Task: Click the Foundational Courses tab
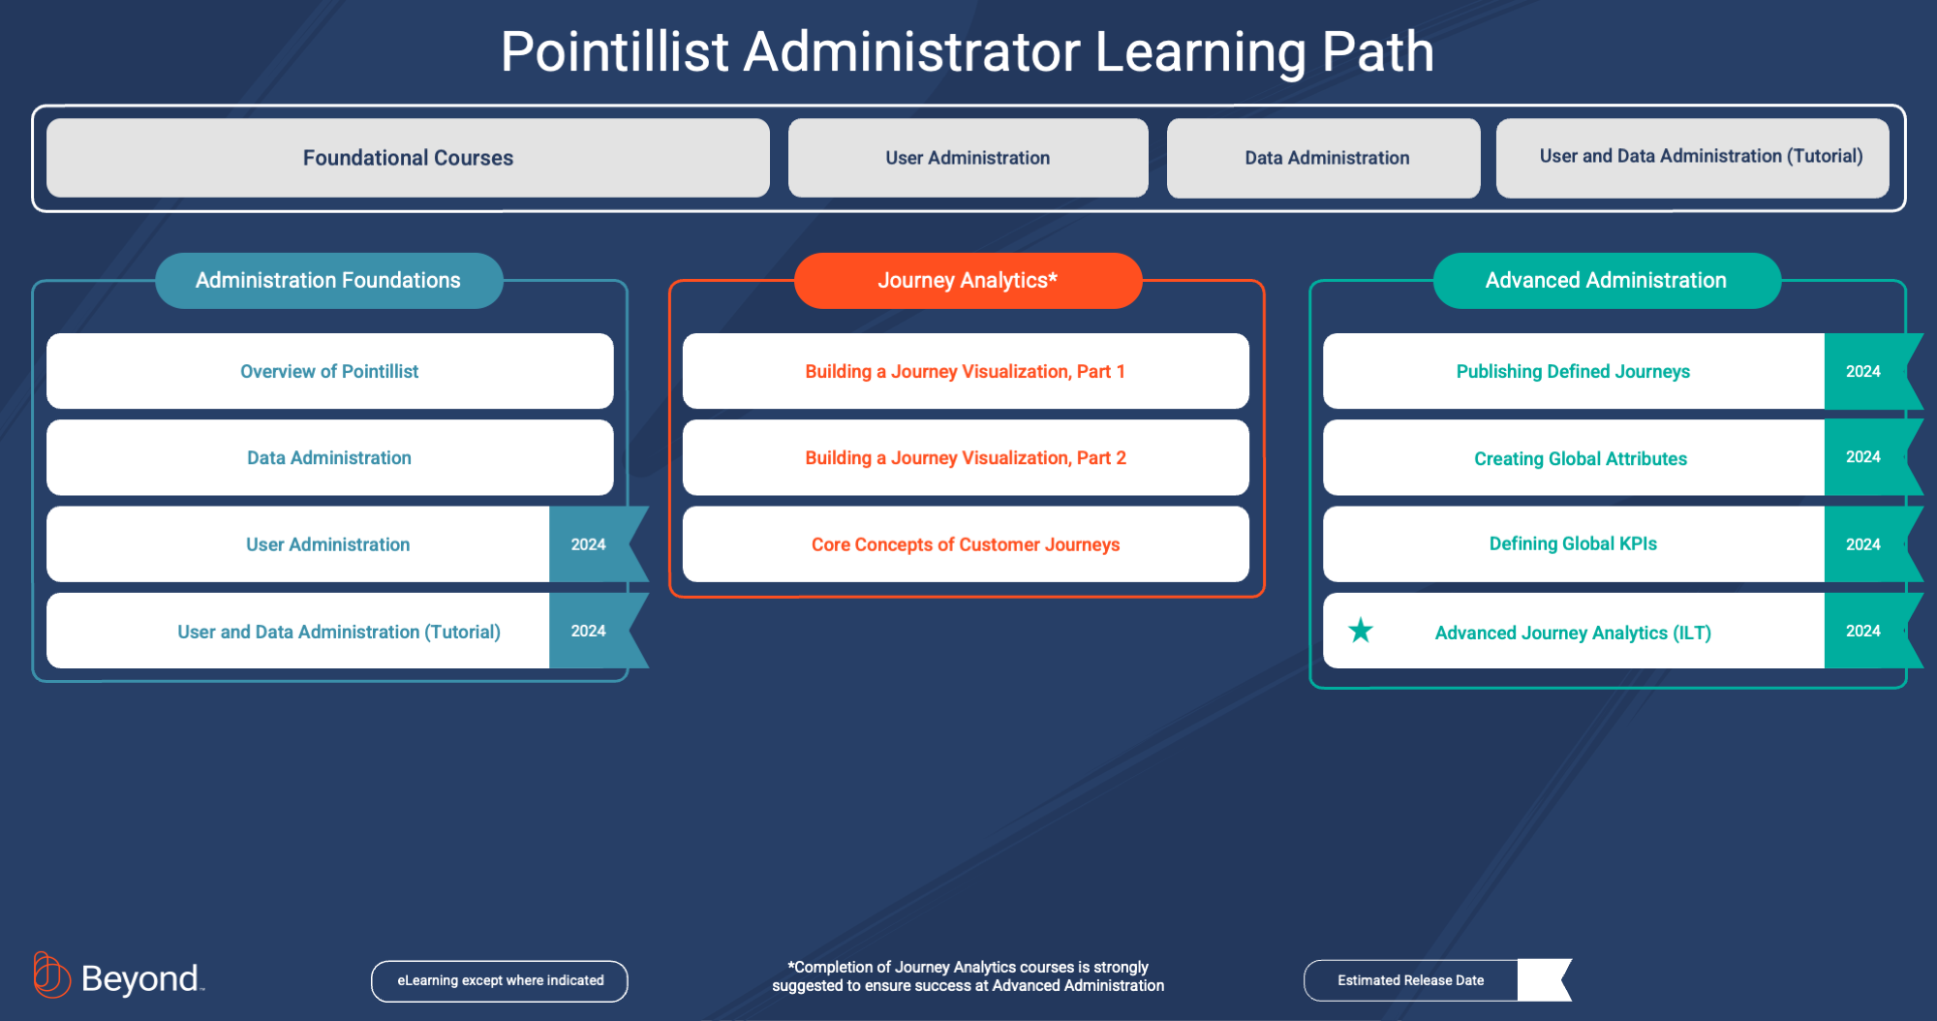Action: (408, 158)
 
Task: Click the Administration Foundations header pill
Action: (328, 281)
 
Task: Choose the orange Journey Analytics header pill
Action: (968, 281)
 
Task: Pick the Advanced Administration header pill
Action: (1606, 281)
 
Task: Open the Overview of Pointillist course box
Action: (329, 371)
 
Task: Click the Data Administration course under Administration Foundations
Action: (329, 457)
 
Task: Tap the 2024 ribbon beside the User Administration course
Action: (590, 544)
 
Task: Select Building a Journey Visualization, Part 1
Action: (965, 371)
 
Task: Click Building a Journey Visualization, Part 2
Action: (965, 457)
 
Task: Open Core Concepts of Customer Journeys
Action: (965, 544)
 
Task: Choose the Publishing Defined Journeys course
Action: (1573, 371)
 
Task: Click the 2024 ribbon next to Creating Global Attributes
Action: (1864, 457)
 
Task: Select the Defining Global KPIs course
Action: (1573, 544)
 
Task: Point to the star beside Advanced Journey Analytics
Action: (1361, 631)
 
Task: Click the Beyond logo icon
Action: (51, 975)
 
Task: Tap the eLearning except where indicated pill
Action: (500, 981)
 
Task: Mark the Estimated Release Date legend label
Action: (1410, 981)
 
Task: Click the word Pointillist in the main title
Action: (614, 52)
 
